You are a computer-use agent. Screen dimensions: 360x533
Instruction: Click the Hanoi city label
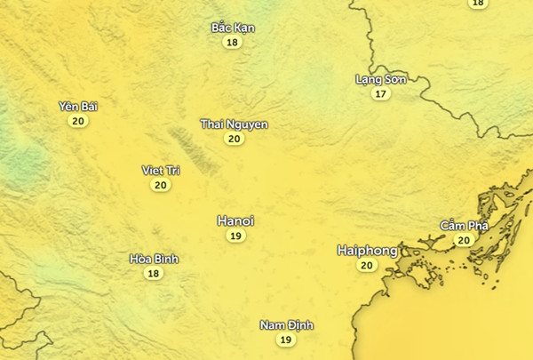(235, 220)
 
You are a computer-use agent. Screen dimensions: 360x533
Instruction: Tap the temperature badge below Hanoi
(235, 236)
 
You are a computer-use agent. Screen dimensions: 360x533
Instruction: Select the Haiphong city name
(367, 251)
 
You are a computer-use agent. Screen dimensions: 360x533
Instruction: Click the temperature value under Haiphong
(367, 265)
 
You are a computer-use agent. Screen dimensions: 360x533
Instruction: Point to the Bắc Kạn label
(233, 28)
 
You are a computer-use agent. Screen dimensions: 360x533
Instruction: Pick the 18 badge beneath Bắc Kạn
(233, 42)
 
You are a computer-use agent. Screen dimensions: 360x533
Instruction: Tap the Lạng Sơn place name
(381, 79)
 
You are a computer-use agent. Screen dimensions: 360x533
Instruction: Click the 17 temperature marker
(381, 93)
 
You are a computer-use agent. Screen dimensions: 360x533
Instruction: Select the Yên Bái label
(78, 107)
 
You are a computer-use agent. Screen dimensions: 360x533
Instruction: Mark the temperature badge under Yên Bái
(78, 121)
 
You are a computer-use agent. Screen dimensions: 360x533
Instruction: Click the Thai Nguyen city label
(235, 124)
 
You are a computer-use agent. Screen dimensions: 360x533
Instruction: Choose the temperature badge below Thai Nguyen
(235, 139)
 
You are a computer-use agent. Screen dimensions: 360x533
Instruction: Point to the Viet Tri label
(161, 170)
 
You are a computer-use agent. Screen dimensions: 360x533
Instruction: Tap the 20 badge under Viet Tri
(161, 185)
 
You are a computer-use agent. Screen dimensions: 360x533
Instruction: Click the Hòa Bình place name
(154, 259)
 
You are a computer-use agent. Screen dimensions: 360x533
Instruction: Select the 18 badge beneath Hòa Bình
(154, 274)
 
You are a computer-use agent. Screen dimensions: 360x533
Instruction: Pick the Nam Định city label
(286, 325)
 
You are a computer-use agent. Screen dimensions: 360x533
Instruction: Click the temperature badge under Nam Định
(286, 340)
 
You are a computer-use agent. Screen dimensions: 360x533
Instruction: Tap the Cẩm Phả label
(465, 226)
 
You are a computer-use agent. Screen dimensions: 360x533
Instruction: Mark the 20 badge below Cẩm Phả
(464, 240)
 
